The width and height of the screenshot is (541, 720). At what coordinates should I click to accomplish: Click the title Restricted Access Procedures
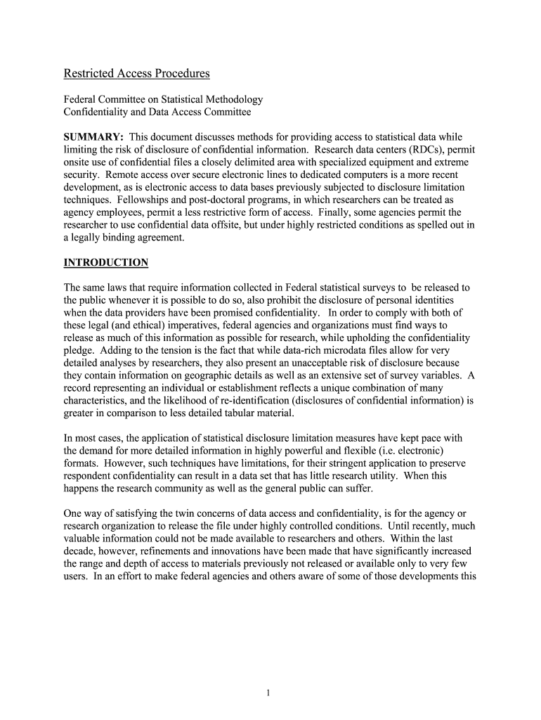pyautogui.click(x=137, y=74)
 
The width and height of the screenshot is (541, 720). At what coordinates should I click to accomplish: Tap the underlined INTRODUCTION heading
pyautogui.click(x=106, y=263)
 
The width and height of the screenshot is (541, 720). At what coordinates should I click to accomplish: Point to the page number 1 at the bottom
pyautogui.click(x=269, y=693)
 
